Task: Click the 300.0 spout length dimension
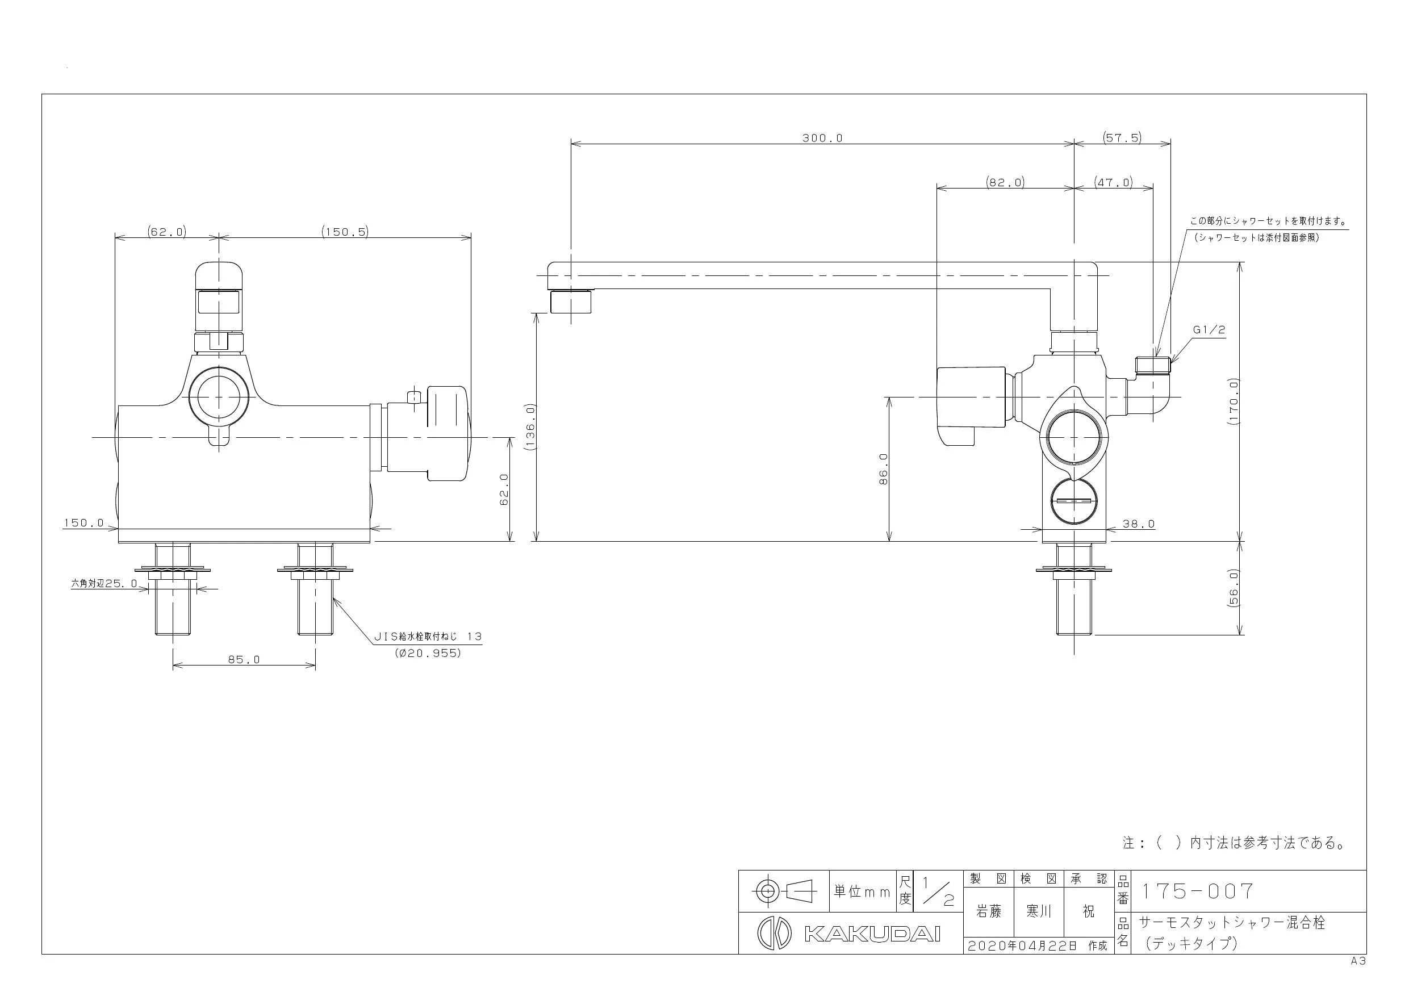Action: pos(822,138)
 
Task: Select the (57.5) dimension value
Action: pos(1122,138)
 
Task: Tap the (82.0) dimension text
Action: pos(1005,182)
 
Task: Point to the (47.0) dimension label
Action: pos(1113,182)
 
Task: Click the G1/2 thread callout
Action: pos(1209,329)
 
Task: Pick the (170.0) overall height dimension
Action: pos(1235,402)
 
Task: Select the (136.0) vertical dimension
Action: pos(530,427)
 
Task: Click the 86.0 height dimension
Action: pos(883,470)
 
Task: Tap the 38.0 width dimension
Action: pos(1138,524)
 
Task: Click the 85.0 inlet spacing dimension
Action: pos(244,660)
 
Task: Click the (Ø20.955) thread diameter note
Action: pos(428,653)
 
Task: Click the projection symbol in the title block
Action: pos(784,890)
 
